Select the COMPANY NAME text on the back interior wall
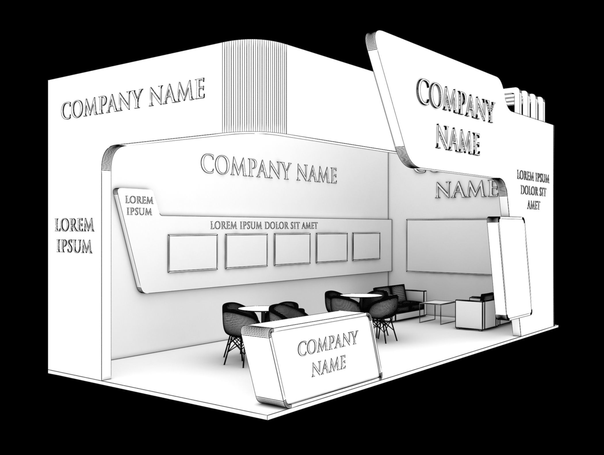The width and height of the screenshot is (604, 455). (269, 168)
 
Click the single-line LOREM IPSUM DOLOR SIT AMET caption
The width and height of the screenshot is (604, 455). (264, 225)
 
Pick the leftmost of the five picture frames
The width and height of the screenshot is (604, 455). (192, 253)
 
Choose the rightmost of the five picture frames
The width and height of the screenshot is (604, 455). (366, 246)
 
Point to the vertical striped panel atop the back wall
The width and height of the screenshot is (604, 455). (255, 88)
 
